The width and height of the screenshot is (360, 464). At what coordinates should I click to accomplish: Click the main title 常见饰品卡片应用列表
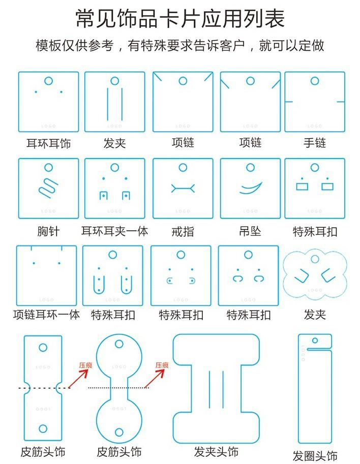coord(180,18)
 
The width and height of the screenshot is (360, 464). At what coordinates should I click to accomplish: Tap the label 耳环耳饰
coord(48,144)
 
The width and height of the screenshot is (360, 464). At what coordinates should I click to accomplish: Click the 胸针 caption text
coord(48,232)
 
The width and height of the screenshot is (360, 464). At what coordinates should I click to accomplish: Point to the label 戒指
coord(183,232)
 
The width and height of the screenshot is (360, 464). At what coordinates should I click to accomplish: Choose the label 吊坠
coord(250,232)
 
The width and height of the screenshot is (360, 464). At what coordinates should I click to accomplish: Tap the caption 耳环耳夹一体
coord(114,232)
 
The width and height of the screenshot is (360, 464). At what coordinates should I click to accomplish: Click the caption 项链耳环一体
coord(46,315)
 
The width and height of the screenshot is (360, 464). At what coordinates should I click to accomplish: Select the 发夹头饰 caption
coord(216,451)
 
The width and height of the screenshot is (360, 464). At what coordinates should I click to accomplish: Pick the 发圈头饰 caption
coord(315,455)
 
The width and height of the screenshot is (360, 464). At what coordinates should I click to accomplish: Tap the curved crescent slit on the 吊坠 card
coord(251,189)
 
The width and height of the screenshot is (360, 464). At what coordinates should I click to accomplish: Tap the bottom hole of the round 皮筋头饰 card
coord(119,432)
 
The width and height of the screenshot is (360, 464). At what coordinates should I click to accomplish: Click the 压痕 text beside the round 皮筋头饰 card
coord(162,365)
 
